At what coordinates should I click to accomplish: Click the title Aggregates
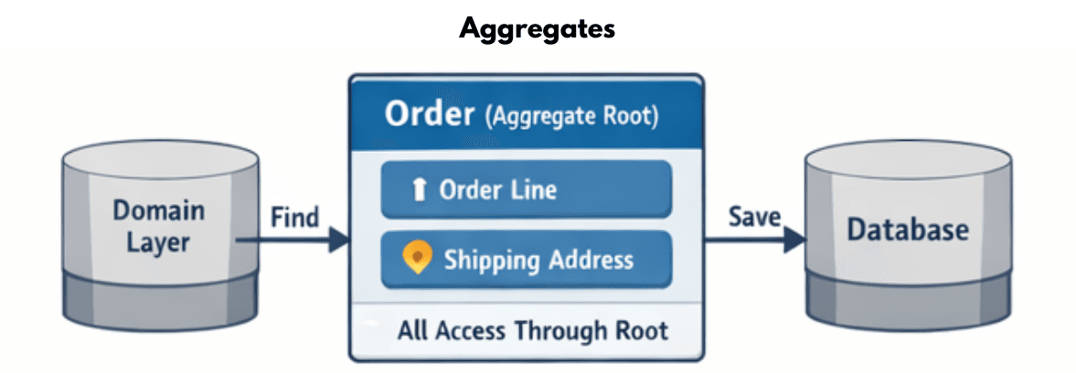pyautogui.click(x=538, y=28)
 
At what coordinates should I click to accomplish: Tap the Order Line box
pyautogui.click(x=526, y=190)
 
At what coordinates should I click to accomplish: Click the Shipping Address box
pyautogui.click(x=526, y=260)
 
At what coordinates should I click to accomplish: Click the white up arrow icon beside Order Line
pyautogui.click(x=420, y=190)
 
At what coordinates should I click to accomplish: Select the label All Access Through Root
pyautogui.click(x=532, y=330)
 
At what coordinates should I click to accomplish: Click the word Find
pyautogui.click(x=295, y=218)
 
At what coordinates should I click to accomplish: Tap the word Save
pyautogui.click(x=754, y=217)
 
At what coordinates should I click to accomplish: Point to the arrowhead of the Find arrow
pyautogui.click(x=338, y=240)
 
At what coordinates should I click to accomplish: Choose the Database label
pyautogui.click(x=907, y=229)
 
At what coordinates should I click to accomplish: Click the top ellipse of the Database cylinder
pyautogui.click(x=907, y=165)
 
